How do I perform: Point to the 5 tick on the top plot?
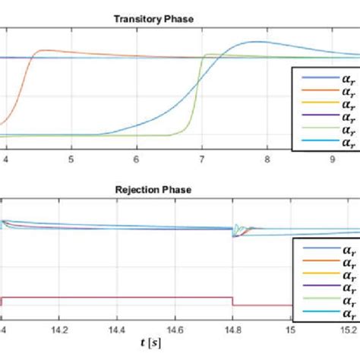pyautogui.click(x=71, y=160)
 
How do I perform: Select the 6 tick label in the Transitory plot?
pyautogui.click(x=136, y=160)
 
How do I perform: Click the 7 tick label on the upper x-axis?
pyautogui.click(x=201, y=160)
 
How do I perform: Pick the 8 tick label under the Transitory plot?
pyautogui.click(x=267, y=160)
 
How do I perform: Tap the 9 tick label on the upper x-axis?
pyautogui.click(x=333, y=160)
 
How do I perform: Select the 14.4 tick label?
pyautogui.click(x=116, y=330)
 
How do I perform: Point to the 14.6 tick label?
pyautogui.click(x=174, y=330)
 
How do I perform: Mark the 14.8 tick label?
pyautogui.click(x=232, y=330)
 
